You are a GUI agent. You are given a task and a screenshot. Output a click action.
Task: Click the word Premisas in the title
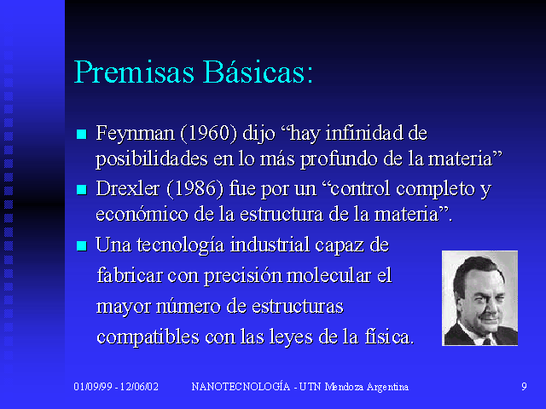[134, 72]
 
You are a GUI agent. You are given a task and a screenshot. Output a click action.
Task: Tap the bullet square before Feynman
[82, 134]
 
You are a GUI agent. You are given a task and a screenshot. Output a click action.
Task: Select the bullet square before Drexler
[82, 189]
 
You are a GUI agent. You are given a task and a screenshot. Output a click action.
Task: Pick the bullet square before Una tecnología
[82, 245]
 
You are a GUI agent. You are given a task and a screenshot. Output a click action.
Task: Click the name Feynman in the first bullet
[135, 134]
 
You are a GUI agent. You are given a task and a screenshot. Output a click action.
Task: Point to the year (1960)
[208, 133]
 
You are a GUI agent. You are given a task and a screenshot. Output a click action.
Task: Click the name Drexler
[128, 189]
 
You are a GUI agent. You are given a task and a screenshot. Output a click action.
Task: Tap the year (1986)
[195, 189]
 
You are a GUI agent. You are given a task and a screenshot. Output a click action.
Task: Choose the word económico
[142, 214]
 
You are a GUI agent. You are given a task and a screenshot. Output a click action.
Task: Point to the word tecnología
[180, 245]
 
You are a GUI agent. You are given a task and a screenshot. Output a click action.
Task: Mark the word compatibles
[148, 337]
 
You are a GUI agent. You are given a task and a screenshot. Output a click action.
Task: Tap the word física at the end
[389, 337]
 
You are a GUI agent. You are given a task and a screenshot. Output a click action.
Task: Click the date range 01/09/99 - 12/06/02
[116, 387]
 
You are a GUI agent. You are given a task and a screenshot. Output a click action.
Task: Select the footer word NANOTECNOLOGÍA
[241, 386]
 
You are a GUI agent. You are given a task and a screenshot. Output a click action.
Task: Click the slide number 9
[524, 387]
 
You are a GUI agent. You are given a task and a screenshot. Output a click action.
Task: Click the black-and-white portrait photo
[479, 298]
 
